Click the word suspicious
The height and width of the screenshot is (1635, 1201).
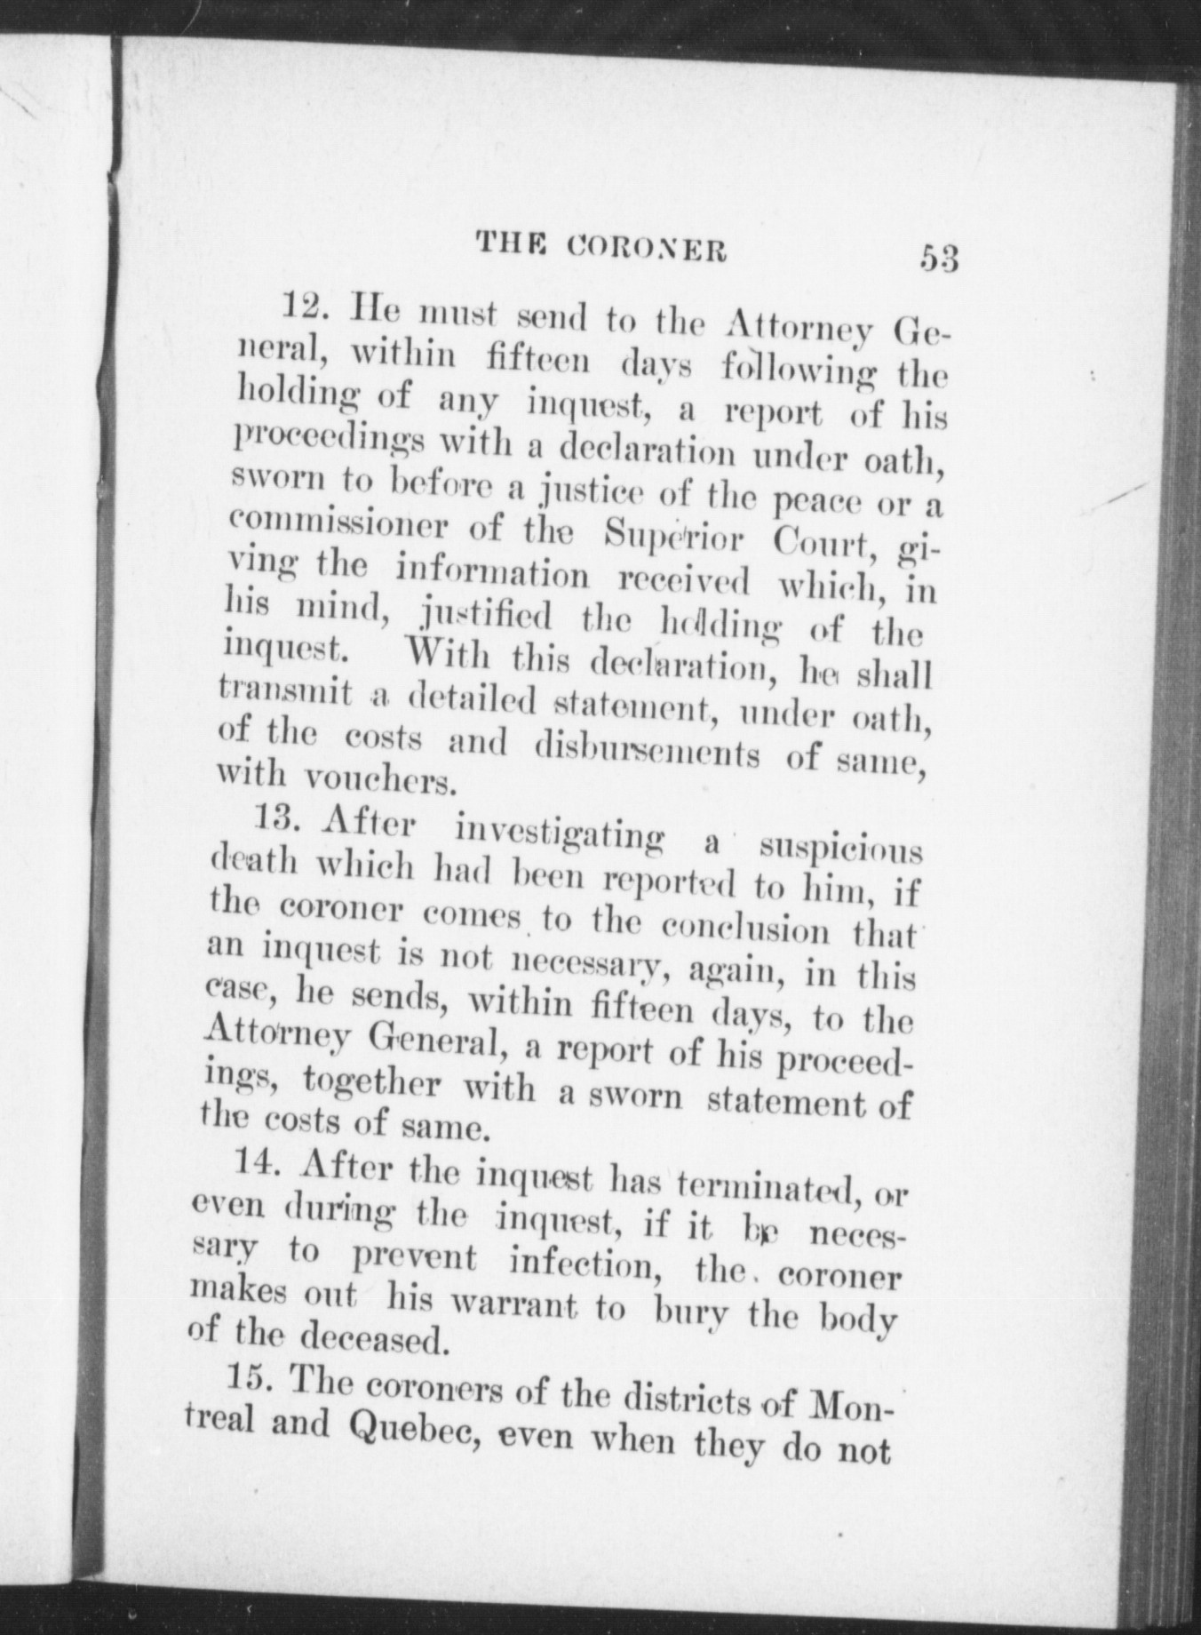pos(839,848)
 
